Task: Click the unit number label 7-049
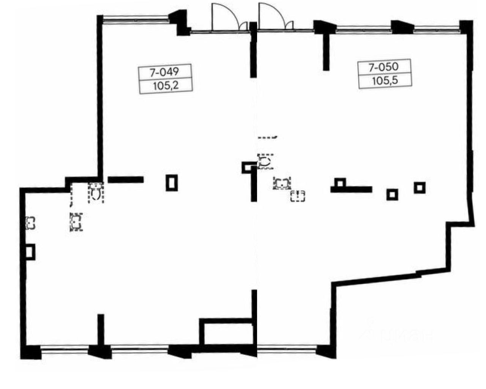click(x=164, y=71)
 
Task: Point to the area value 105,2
click(x=166, y=85)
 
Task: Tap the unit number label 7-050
click(x=384, y=67)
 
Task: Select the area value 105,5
click(x=385, y=81)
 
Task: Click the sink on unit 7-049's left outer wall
click(x=30, y=222)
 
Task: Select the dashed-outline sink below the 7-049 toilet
click(x=76, y=222)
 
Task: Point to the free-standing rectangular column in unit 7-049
click(x=172, y=183)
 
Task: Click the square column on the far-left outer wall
click(x=30, y=252)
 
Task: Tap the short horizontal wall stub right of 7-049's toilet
click(x=126, y=180)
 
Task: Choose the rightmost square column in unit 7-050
click(x=420, y=187)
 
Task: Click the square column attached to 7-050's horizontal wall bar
click(x=340, y=183)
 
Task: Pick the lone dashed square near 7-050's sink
click(x=298, y=196)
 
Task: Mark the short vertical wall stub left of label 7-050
click(x=326, y=51)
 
